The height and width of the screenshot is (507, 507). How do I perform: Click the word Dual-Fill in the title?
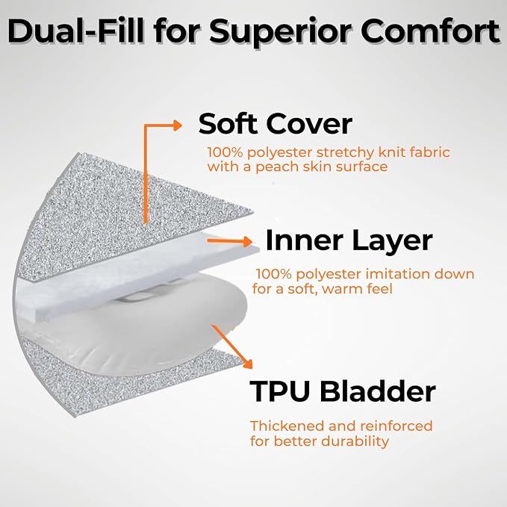[75, 31]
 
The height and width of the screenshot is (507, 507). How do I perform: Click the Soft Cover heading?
[276, 123]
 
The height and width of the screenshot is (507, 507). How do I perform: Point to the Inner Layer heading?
[349, 241]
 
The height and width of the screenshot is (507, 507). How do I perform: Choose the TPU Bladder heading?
[343, 391]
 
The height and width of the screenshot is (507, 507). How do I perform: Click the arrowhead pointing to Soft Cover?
[178, 125]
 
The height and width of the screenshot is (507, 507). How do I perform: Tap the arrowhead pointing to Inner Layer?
[247, 241]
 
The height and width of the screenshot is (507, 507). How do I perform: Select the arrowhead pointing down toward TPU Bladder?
[247, 363]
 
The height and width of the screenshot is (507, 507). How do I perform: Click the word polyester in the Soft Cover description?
[280, 153]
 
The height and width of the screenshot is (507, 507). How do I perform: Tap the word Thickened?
[287, 426]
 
